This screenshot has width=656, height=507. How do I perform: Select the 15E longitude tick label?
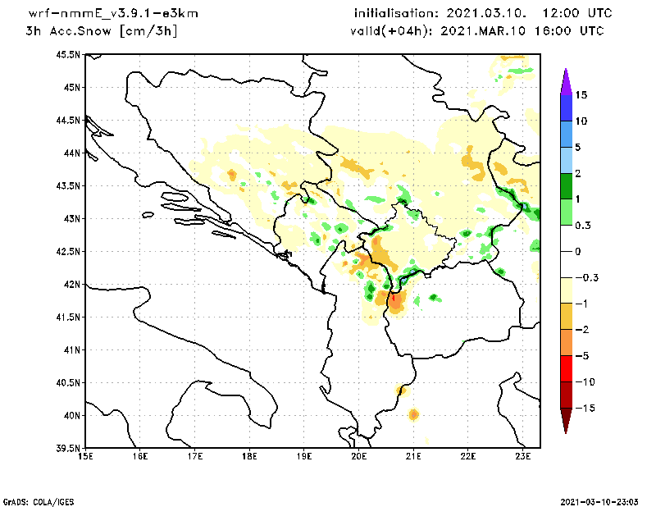pyautogui.click(x=84, y=456)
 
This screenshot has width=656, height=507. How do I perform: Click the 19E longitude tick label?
pyautogui.click(x=304, y=456)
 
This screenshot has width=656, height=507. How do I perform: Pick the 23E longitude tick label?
pyautogui.click(x=523, y=456)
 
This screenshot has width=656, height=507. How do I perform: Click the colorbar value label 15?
pyautogui.click(x=581, y=94)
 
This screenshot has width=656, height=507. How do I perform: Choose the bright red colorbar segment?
pyautogui.click(x=566, y=368)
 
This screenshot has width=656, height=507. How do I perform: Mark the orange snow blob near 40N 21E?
pyautogui.click(x=413, y=414)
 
